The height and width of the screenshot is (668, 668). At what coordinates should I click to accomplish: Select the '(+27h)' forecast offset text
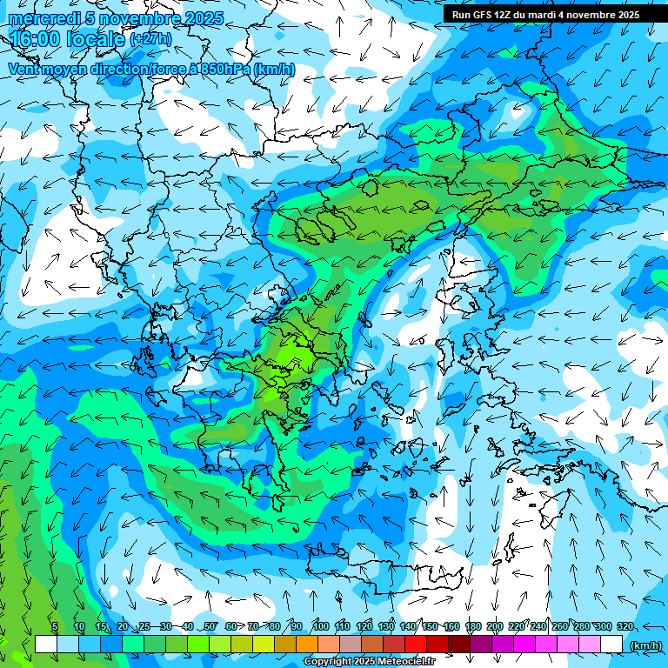point(150,39)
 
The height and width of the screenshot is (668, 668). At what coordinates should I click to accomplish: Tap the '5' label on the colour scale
point(55,626)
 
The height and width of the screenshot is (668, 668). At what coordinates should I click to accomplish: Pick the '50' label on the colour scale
point(209,626)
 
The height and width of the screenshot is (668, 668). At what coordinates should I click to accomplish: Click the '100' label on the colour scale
point(320,626)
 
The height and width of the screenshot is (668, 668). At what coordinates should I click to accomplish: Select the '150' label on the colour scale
point(430,626)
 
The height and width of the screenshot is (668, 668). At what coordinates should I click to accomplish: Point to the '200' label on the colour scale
point(495,626)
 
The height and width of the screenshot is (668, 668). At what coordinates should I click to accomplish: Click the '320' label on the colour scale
point(625,626)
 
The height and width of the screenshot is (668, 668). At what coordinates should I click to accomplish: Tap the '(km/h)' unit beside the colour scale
point(645,645)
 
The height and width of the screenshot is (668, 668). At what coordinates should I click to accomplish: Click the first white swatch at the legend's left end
point(46,644)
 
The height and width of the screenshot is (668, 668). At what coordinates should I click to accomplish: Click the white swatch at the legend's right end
point(611,644)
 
